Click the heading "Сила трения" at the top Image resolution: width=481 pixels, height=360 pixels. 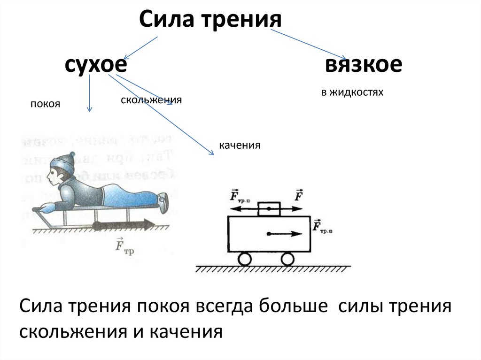click(x=210, y=20)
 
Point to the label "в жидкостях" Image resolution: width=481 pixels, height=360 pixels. click(x=352, y=92)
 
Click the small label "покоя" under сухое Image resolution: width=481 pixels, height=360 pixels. click(x=46, y=104)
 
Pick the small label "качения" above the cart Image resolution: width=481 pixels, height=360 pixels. click(x=239, y=146)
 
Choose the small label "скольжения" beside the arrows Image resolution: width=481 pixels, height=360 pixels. click(x=151, y=100)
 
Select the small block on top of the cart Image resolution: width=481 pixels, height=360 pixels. click(x=269, y=209)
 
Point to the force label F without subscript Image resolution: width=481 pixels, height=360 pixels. click(x=298, y=194)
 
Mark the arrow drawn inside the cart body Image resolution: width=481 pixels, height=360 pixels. click(x=284, y=233)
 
